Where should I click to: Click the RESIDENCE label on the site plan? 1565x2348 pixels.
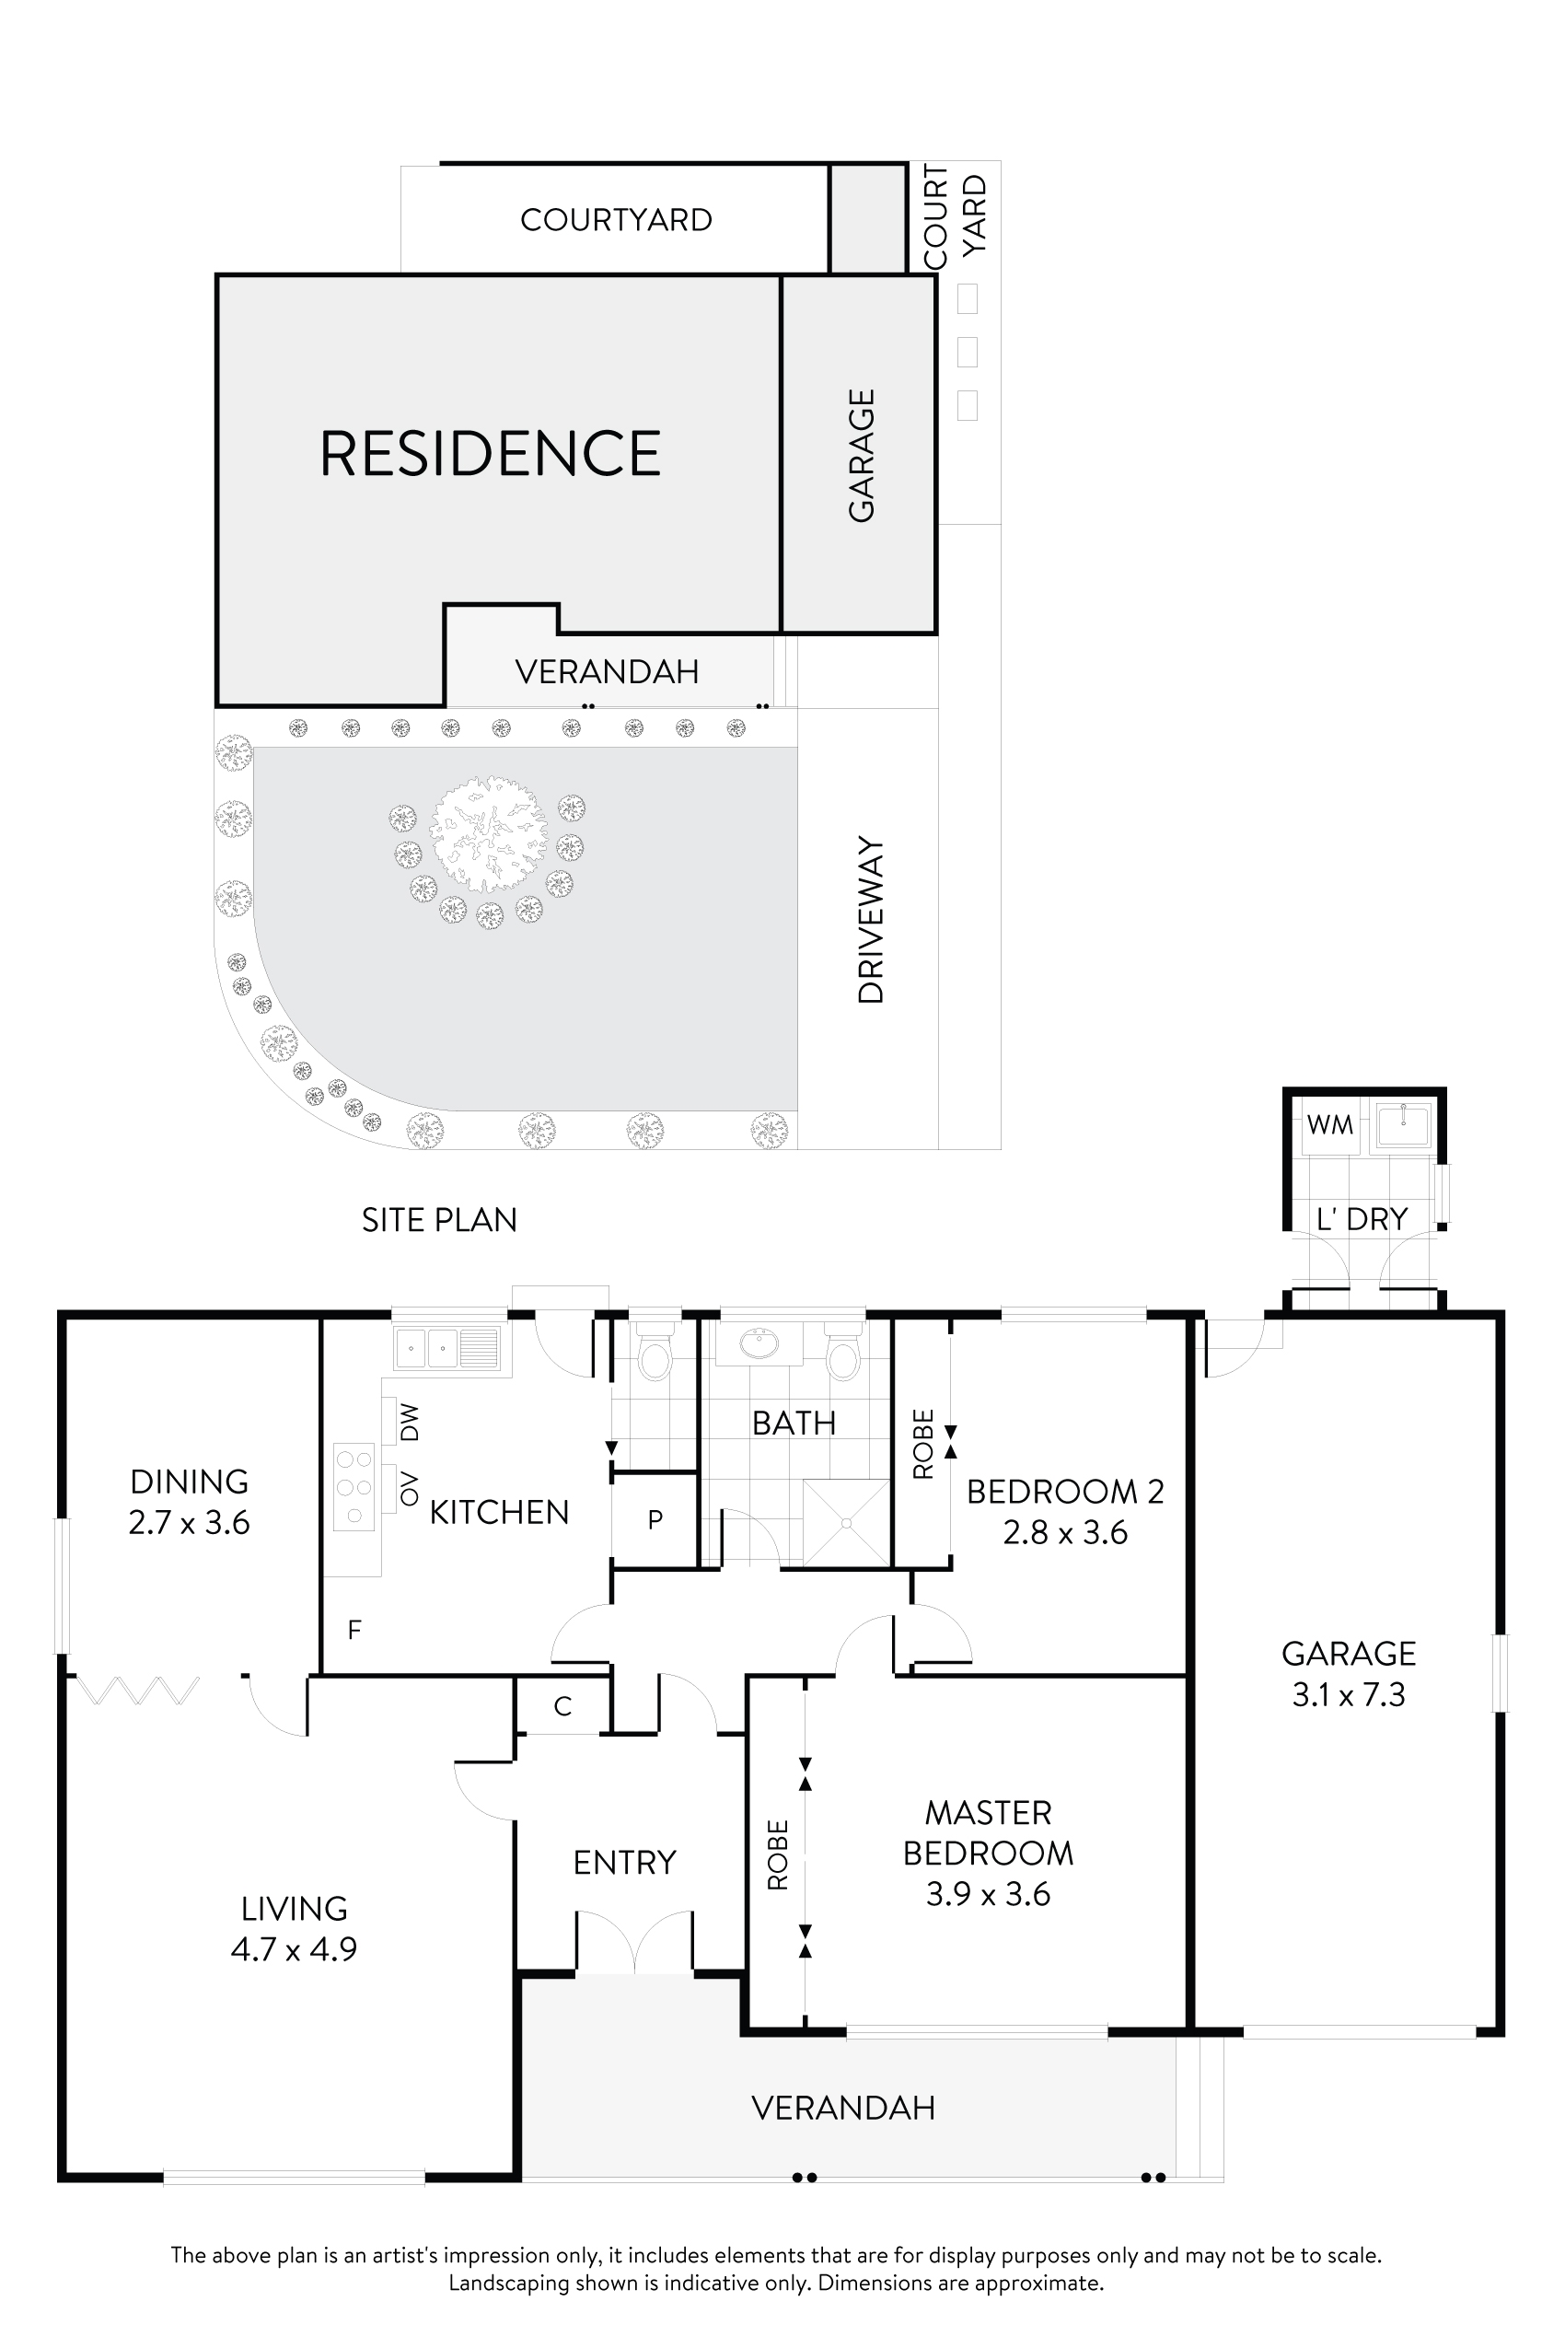(489, 453)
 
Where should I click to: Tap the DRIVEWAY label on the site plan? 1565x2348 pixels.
(871, 921)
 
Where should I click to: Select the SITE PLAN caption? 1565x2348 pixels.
(439, 1220)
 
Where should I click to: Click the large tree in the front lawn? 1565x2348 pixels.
(488, 834)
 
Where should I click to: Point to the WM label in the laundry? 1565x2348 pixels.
(1329, 1125)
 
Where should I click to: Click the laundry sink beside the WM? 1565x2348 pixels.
(1403, 1125)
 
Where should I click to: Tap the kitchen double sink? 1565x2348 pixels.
(446, 1349)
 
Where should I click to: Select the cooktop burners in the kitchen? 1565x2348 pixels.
(354, 1487)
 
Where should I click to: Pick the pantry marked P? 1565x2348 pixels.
(655, 1519)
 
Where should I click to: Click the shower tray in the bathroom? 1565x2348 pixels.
(845, 1522)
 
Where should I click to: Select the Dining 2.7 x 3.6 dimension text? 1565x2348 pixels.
(189, 1522)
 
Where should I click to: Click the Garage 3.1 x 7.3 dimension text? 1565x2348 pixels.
(1349, 1694)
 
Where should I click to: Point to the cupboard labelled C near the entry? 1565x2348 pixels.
(562, 1706)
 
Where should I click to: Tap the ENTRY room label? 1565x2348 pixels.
(625, 1862)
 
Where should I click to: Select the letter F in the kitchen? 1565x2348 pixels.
(354, 1630)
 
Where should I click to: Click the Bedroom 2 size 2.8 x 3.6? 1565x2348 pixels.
(1065, 1532)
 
